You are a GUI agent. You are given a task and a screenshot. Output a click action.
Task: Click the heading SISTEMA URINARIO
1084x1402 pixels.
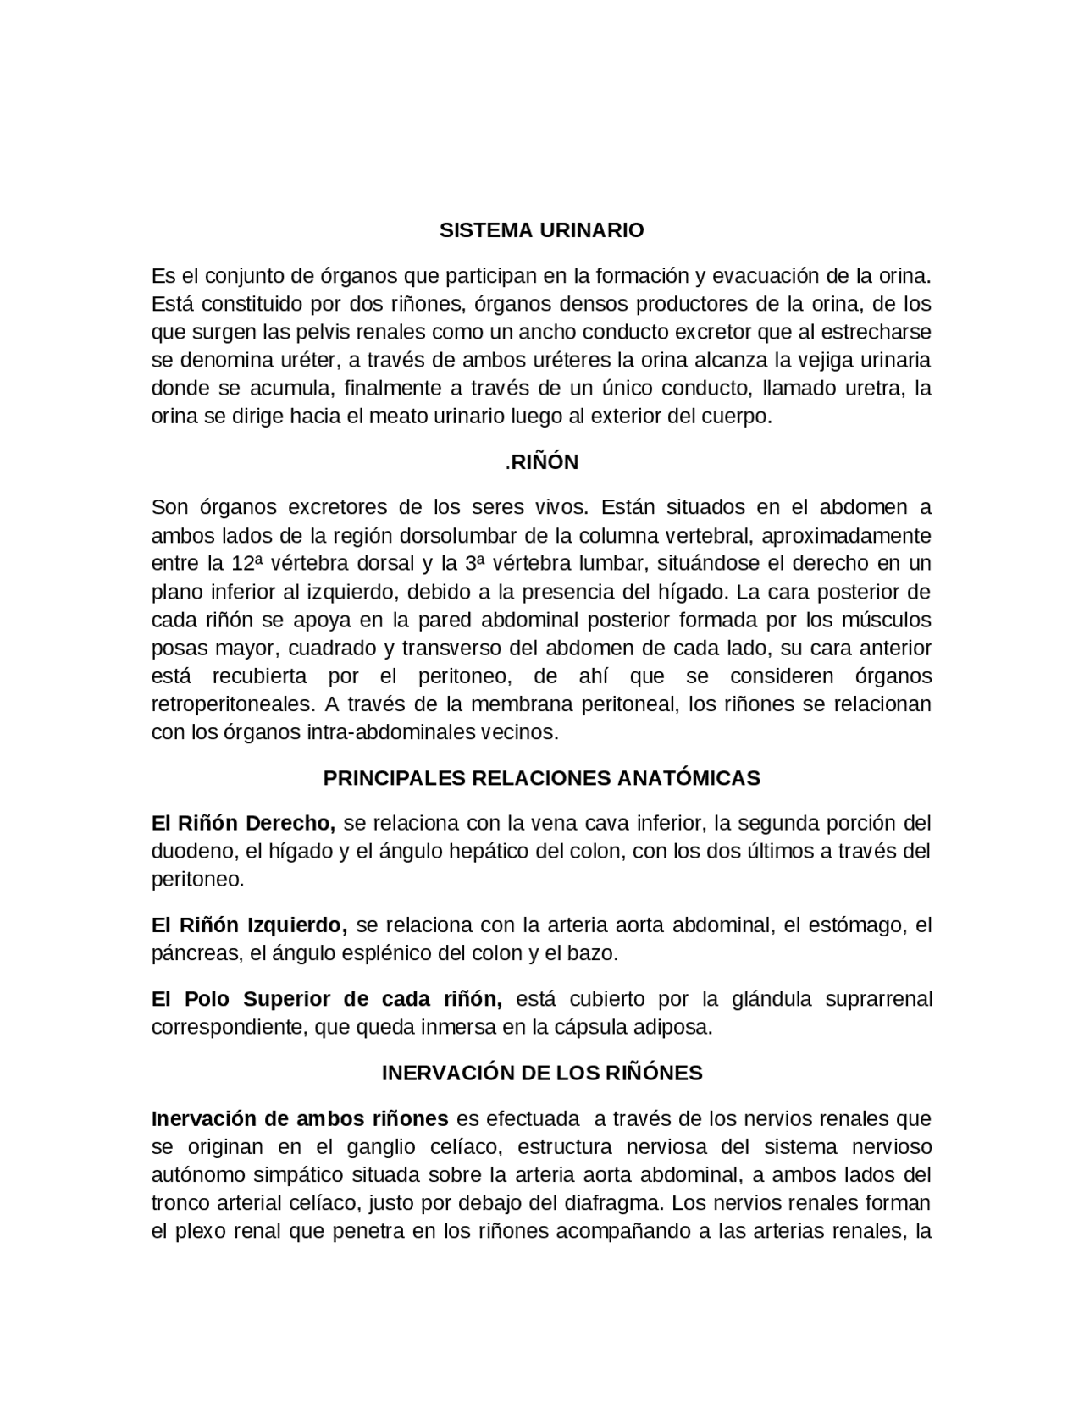(x=541, y=230)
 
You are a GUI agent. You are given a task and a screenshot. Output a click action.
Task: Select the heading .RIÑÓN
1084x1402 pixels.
(x=542, y=462)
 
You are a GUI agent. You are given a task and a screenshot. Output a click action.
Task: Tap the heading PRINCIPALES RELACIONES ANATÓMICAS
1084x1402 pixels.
(x=542, y=778)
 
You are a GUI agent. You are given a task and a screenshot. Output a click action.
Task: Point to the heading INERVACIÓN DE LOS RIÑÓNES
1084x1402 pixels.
(x=542, y=1074)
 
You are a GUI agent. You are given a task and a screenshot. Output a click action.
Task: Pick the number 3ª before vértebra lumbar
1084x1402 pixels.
(x=473, y=564)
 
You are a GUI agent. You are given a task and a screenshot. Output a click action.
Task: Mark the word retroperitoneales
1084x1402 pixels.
(x=230, y=704)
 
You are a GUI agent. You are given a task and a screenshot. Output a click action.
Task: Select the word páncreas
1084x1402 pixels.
(x=191, y=953)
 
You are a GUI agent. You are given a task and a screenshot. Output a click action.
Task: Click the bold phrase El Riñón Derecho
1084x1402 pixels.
(x=243, y=823)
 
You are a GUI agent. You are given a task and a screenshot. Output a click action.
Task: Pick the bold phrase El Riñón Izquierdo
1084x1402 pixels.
(x=249, y=925)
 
